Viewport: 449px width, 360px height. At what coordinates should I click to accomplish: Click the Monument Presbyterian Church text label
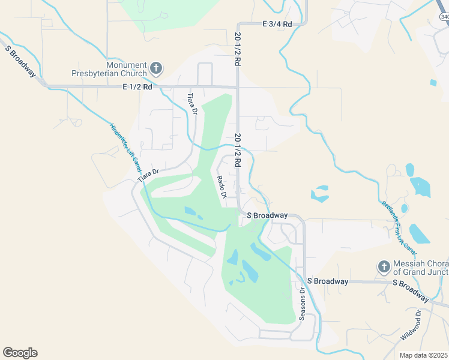(127, 69)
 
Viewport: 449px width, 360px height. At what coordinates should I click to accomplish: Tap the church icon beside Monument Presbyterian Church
(155, 68)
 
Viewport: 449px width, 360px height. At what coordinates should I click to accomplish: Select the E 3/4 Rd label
(277, 24)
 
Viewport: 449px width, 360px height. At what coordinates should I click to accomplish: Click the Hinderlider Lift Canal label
(125, 146)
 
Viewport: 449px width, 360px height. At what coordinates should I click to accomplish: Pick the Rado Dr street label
(221, 187)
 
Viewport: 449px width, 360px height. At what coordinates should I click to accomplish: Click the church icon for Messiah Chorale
(384, 266)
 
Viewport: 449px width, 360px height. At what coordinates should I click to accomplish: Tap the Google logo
(20, 353)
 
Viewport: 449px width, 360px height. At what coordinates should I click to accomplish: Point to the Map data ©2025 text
(423, 355)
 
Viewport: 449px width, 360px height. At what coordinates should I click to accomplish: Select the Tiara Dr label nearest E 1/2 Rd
(192, 103)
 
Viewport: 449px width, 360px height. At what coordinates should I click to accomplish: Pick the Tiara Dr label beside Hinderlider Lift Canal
(147, 175)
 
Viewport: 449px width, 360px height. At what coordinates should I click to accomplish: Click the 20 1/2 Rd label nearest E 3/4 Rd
(238, 49)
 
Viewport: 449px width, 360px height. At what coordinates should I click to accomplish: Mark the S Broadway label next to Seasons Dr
(327, 281)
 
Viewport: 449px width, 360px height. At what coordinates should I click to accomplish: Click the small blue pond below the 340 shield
(433, 82)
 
